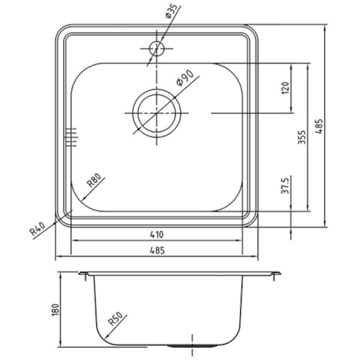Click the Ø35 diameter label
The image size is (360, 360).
pos(172,11)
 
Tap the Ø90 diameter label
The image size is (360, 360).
pos(184,78)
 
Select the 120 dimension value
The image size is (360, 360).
pos(285,88)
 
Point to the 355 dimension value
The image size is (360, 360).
pos(302,137)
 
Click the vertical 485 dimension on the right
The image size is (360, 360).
pos(319,126)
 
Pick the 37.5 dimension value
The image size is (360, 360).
pos(285,185)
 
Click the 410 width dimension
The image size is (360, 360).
pos(157,235)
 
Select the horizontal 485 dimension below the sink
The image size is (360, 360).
pos(157,250)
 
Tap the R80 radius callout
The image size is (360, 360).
pos(94,180)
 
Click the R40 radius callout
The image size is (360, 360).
pos(38,229)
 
